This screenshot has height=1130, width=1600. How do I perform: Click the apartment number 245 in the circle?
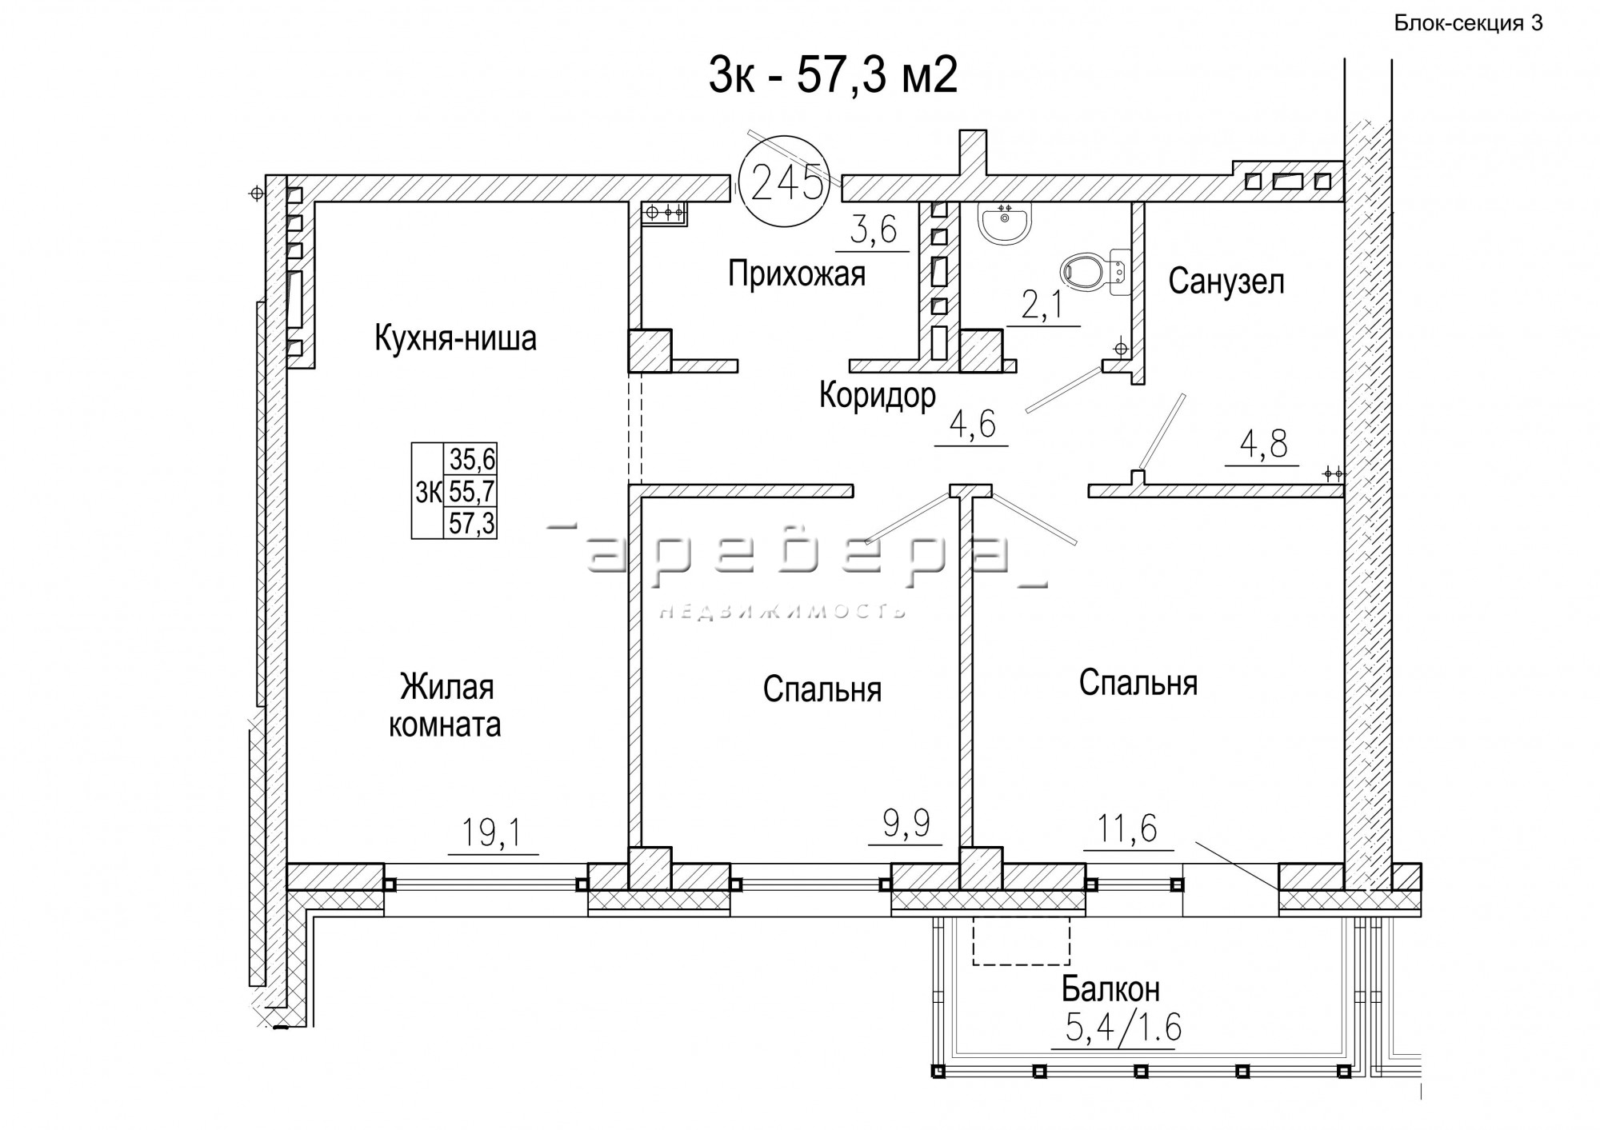(x=787, y=184)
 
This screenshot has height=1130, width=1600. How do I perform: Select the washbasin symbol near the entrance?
(x=1005, y=222)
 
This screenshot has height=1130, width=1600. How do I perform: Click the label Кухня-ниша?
(x=455, y=339)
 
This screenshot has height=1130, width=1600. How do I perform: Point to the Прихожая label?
(x=797, y=274)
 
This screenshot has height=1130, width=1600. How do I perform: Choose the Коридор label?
(x=878, y=395)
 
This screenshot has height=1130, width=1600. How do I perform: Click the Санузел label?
(x=1226, y=282)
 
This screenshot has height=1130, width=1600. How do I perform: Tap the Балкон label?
(x=1110, y=990)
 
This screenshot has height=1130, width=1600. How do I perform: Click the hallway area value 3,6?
(x=873, y=231)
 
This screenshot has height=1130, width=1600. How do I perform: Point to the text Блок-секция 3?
(x=1469, y=23)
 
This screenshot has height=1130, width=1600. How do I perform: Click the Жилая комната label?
(x=445, y=706)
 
